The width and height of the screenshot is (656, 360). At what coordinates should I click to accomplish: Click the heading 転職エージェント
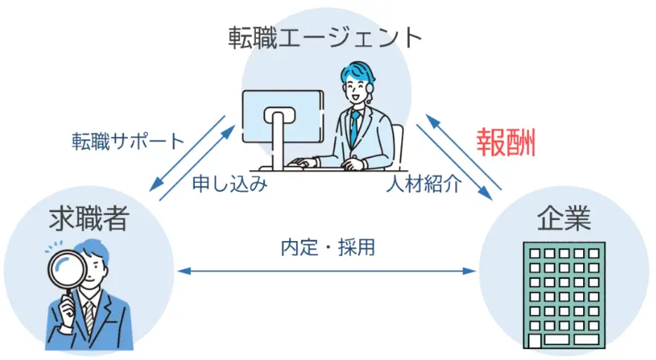[x=324, y=38]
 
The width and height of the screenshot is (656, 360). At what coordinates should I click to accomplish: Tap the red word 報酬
[x=507, y=142]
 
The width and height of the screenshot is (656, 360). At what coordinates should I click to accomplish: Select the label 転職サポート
[x=128, y=141]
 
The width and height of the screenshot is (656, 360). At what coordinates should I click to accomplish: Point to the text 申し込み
[x=230, y=184]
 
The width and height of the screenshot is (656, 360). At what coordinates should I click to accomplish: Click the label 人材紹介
[x=424, y=184]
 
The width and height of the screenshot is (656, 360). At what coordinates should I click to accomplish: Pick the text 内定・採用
[x=327, y=247]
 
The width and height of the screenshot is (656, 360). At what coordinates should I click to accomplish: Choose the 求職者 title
[x=89, y=218]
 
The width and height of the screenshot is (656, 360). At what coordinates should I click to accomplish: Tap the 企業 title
[x=564, y=218]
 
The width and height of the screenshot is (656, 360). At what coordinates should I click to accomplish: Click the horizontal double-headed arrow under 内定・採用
[x=327, y=271]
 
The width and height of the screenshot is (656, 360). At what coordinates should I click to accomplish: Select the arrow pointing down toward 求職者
[x=187, y=154]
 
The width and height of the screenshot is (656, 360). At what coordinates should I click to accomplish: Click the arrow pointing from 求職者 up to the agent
[x=198, y=163]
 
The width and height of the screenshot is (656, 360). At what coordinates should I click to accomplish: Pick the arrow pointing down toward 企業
[x=454, y=162]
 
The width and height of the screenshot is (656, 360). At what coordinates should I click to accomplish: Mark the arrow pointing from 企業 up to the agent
[x=463, y=152]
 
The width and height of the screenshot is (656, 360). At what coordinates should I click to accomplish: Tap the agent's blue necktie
[x=355, y=127]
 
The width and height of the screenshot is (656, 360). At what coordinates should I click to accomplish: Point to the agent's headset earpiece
[x=370, y=89]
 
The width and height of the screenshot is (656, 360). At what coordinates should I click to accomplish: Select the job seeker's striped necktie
[x=89, y=319]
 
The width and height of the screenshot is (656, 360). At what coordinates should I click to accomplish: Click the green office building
[x=564, y=295]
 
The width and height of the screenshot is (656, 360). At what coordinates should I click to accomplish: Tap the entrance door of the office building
[x=535, y=341]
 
